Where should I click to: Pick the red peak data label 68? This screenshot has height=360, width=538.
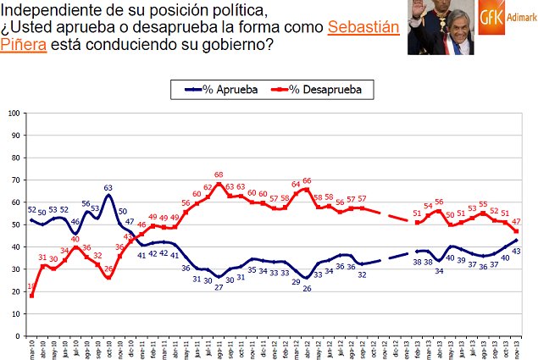(219, 175)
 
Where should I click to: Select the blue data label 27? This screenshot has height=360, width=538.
(219, 287)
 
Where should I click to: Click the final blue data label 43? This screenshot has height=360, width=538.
(516, 252)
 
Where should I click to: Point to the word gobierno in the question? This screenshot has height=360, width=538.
(237, 44)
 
